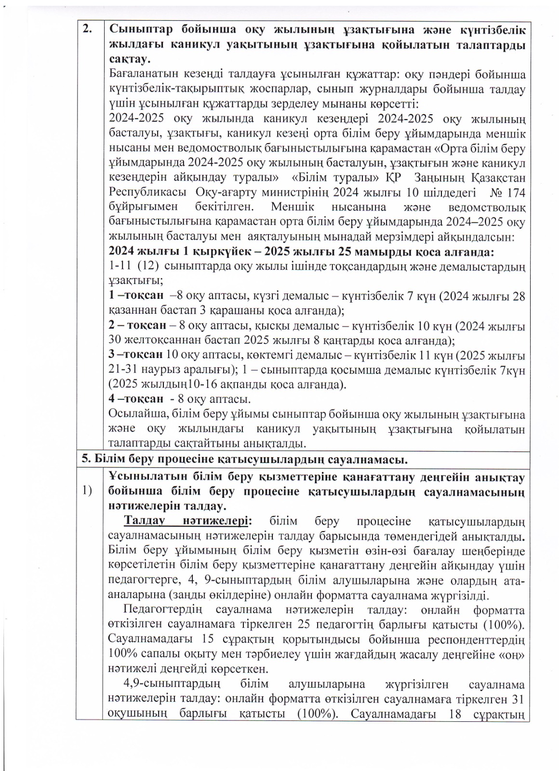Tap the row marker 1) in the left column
tap(87, 491)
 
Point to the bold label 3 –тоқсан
tap(136, 355)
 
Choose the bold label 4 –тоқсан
tap(136, 399)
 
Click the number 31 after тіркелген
tap(517, 699)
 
